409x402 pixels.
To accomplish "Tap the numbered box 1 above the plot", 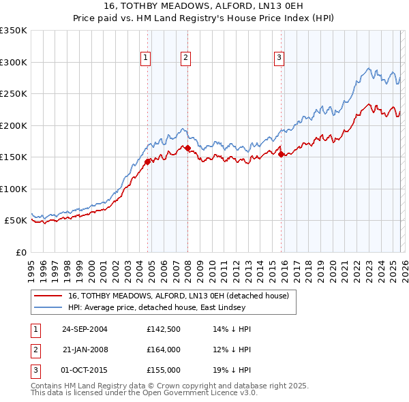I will coord(146,59).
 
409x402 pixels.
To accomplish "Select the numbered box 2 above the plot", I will coord(185,59).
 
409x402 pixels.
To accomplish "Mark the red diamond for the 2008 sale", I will coord(187,148).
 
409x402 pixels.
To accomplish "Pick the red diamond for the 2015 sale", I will coord(281,154).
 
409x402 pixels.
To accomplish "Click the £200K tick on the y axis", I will coord(14,125).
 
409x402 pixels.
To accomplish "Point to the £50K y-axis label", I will coord(15,221).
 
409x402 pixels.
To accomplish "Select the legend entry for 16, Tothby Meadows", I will coord(179,296).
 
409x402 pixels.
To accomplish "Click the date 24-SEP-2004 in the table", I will coord(85,329).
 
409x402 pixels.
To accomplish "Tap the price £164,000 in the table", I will coord(164,350).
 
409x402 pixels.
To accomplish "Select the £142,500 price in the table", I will coord(164,329).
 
